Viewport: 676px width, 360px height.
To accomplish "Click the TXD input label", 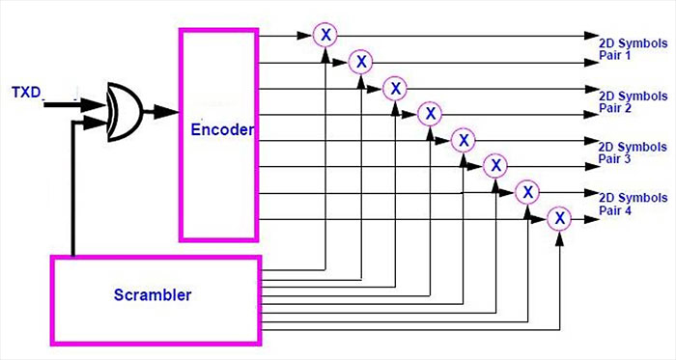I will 28,93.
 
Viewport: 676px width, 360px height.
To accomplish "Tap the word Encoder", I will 221,128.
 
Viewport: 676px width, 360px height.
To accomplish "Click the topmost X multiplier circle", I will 326,35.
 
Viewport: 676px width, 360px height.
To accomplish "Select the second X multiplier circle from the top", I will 360,62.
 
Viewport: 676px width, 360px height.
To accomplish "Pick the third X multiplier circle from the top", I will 394,89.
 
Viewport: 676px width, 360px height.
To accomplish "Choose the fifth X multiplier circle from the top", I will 463,140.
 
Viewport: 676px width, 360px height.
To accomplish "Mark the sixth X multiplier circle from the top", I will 494,166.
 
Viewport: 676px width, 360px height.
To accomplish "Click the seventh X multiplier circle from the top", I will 527,192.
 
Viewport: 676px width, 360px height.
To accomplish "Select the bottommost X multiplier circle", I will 559,219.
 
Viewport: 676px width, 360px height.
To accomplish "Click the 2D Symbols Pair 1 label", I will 633,50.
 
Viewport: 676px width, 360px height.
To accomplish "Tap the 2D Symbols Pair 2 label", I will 633,102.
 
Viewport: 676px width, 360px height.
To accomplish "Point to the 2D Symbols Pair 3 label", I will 633,152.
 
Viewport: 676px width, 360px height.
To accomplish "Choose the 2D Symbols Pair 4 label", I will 633,204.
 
